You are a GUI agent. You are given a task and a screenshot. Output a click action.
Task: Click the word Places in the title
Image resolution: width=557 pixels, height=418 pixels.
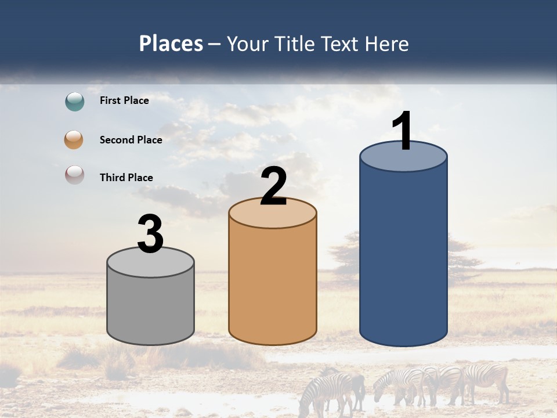pos(171,44)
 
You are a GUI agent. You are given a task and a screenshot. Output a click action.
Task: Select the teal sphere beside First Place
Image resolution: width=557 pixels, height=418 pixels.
pos(74,102)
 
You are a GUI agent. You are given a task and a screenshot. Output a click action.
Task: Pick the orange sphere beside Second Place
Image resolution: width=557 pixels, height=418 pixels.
pos(74,140)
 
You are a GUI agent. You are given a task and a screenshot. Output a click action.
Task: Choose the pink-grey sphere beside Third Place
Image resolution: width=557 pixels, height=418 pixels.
pos(74,175)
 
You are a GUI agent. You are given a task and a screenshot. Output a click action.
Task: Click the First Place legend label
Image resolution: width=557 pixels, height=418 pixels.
pos(124,100)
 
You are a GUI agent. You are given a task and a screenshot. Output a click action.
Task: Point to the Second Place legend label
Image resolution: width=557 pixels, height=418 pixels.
pos(131,140)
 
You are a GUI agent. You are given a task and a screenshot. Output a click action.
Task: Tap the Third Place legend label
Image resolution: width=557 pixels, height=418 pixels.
pos(126,178)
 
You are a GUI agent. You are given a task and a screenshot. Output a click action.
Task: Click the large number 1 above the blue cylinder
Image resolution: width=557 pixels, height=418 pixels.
pos(403,131)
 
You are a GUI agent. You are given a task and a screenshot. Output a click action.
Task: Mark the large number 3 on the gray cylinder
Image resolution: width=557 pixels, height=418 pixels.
pos(150,234)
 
